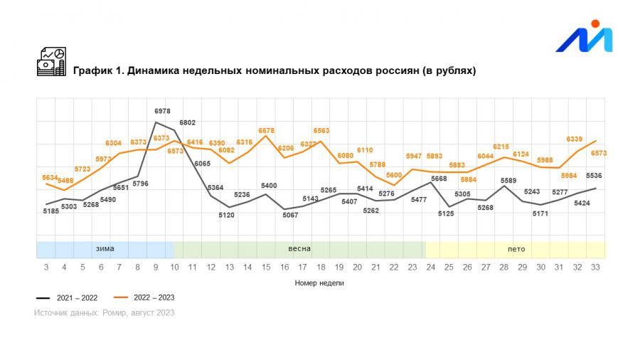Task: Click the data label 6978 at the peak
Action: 162,112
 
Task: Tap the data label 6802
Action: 187,123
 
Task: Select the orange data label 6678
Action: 265,131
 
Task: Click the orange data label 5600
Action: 394,175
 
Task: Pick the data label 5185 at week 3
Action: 50,211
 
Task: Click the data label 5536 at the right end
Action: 594,176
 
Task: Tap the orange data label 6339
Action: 575,139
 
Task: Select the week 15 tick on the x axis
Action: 266,267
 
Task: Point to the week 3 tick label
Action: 46,267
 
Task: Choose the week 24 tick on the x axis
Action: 431,267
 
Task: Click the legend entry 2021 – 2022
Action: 68,297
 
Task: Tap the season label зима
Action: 105,249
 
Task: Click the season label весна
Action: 299,249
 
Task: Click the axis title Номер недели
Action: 319,282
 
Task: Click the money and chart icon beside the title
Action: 51,61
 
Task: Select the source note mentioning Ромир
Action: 104,312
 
